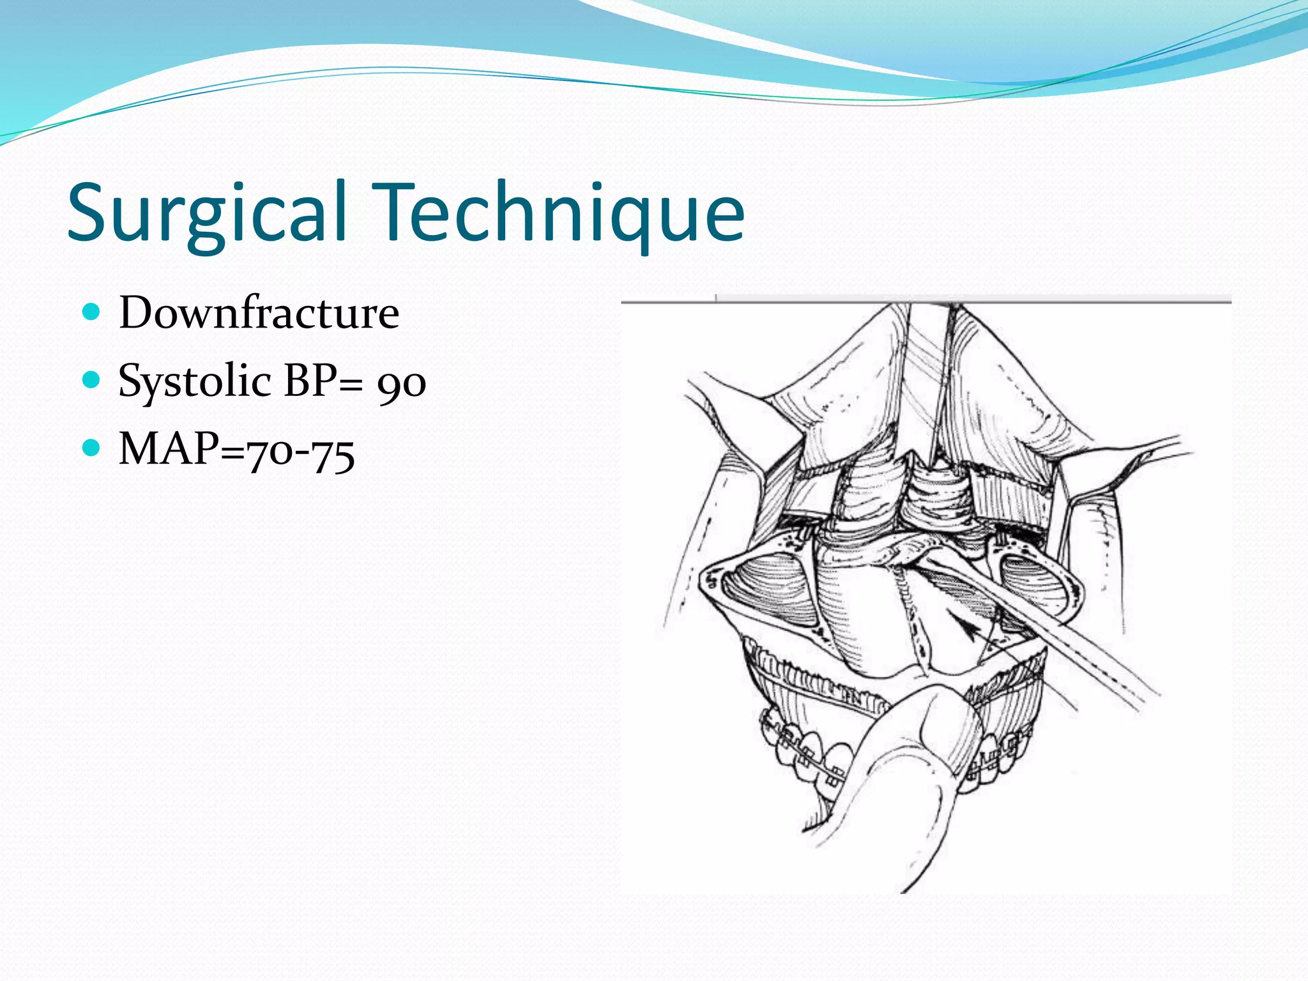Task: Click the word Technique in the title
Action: (563, 212)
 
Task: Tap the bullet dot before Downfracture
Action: (93, 312)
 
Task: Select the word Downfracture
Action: (259, 313)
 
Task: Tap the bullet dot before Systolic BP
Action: (93, 381)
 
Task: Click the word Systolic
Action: (195, 382)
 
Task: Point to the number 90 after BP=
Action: (401, 384)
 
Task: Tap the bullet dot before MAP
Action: (93, 448)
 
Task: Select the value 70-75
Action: (300, 452)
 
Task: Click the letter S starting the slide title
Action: (89, 212)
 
